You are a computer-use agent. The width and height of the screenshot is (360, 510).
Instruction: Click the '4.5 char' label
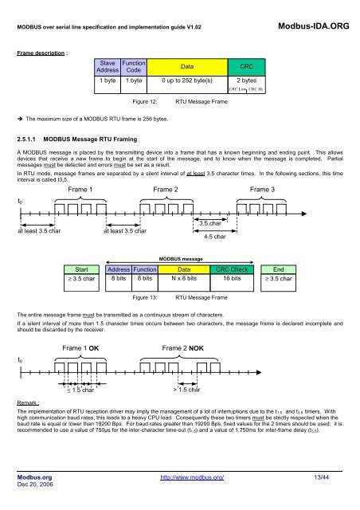[215, 236]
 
